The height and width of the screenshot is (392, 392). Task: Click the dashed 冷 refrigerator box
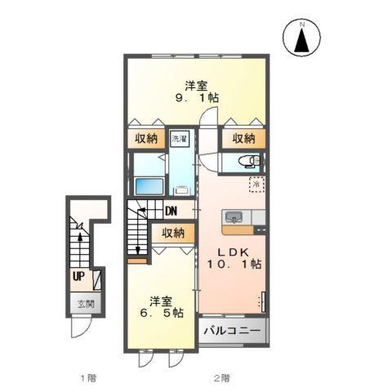[256, 185]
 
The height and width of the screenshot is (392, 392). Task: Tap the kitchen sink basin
[233, 217]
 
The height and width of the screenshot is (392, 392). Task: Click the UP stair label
[78, 276]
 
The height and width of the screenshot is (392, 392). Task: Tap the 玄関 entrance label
[86, 305]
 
